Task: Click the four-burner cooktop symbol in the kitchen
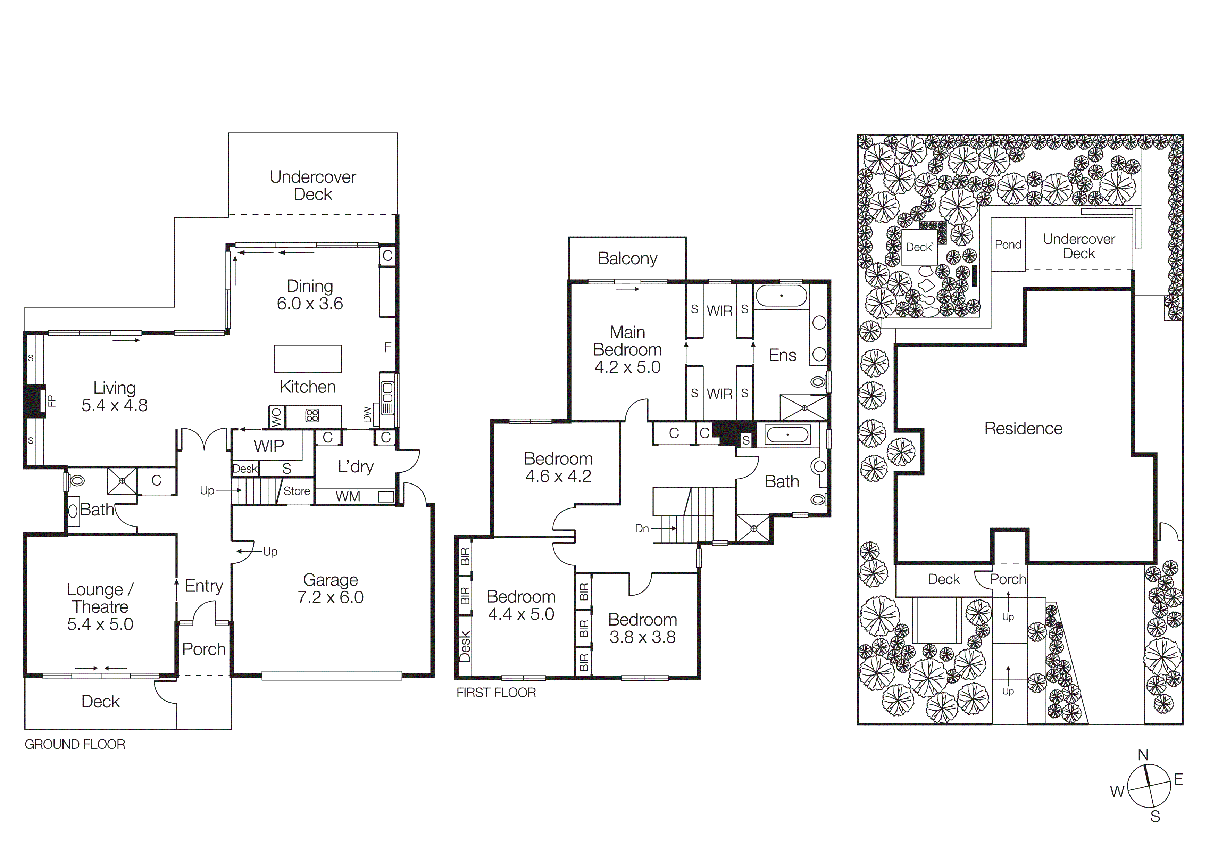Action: (312, 415)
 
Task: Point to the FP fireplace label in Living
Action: (51, 400)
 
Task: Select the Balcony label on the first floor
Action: (627, 258)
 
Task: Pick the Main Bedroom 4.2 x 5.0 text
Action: (627, 350)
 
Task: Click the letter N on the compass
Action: (1143, 755)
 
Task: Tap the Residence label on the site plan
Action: (1023, 429)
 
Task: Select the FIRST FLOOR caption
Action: (496, 692)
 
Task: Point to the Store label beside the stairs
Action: (296, 491)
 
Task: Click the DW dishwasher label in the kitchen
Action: (367, 414)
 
